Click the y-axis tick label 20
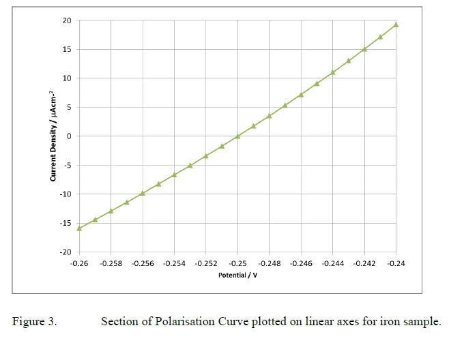pyautogui.click(x=66, y=20)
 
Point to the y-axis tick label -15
pyautogui.click(x=65, y=224)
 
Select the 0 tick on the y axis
pyautogui.click(x=68, y=136)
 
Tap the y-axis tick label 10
pyautogui.click(x=66, y=78)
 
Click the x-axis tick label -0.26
pyautogui.click(x=79, y=263)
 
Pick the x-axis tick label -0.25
pyautogui.click(x=237, y=263)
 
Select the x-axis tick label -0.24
pyautogui.click(x=396, y=263)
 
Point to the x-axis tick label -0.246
pyautogui.click(x=301, y=263)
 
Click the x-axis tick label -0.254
pyautogui.click(x=174, y=263)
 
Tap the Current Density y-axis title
pyautogui.click(x=52, y=136)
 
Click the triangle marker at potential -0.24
pyautogui.click(x=396, y=25)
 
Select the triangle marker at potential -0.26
pyautogui.click(x=79, y=228)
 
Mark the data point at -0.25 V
pyautogui.click(x=237, y=136)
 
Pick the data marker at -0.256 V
pyautogui.click(x=143, y=193)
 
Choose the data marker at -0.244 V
pyautogui.click(x=333, y=72)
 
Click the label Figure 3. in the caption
pyautogui.click(x=35, y=321)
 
